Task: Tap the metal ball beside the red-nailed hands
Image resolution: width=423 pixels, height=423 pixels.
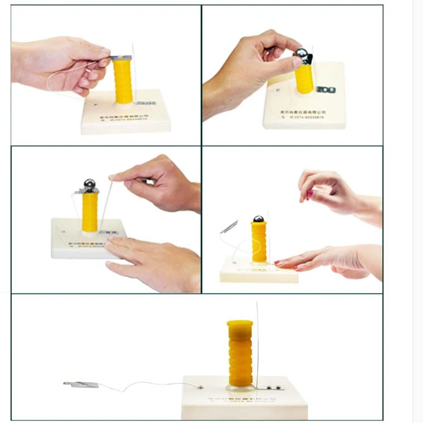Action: click(x=258, y=219)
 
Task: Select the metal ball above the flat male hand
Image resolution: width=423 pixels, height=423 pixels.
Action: click(x=90, y=184)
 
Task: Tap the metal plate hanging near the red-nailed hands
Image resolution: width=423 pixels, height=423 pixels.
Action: click(x=229, y=227)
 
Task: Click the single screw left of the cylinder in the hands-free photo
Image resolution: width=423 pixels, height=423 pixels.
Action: click(x=200, y=387)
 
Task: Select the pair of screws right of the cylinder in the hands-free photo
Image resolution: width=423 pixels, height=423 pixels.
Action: click(x=273, y=387)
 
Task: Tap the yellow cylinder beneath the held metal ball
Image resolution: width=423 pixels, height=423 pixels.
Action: click(x=304, y=78)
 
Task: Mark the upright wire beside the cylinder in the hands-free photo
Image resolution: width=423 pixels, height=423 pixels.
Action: click(x=257, y=343)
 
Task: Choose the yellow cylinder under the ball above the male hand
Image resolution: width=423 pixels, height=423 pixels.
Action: click(x=90, y=212)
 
